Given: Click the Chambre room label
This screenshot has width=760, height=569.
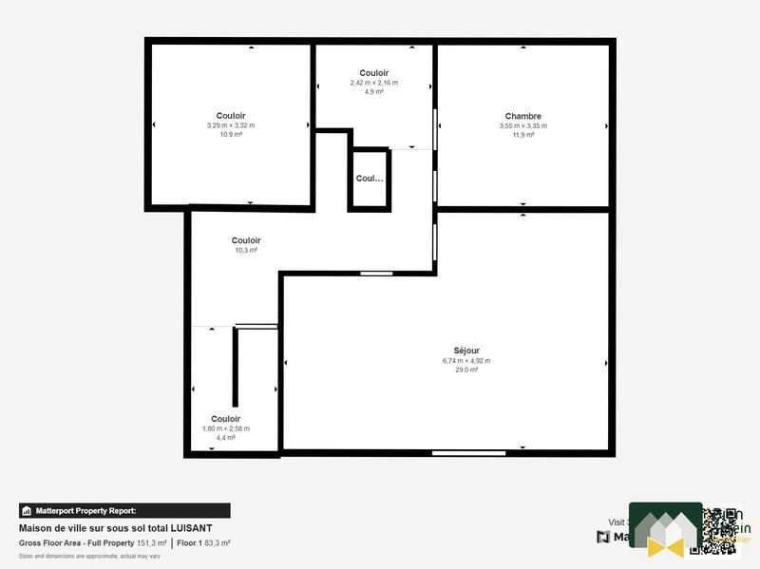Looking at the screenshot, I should tap(523, 116).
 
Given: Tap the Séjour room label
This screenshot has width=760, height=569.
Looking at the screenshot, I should tap(466, 351).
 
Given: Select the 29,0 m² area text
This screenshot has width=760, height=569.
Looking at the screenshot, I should tap(466, 370).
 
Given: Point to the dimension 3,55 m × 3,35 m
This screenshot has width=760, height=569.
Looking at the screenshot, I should tap(523, 125).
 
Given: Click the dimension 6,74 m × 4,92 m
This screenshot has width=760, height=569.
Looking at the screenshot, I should tap(466, 360).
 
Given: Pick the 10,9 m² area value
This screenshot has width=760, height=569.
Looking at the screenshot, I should tap(231, 135).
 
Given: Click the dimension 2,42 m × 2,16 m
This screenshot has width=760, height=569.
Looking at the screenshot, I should tap(374, 83).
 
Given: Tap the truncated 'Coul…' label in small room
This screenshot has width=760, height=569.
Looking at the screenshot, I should tap(370, 178).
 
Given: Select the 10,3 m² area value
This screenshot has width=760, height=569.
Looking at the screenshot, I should tap(247, 250).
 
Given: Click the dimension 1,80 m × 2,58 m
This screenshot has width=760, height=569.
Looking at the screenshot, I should tap(226, 428).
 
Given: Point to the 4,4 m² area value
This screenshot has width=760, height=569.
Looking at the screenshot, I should tap(226, 438).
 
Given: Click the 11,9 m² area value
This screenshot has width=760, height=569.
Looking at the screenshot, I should tap(523, 135).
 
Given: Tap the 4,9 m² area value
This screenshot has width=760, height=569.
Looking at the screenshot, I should tap(374, 92).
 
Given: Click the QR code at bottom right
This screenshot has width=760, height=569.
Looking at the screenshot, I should tap(718, 530).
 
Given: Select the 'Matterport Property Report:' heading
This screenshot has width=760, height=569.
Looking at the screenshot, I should tap(85, 510).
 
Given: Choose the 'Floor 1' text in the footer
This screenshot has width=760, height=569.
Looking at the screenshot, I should tap(191, 542).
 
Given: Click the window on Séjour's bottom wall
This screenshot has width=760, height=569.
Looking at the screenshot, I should tap(455, 453).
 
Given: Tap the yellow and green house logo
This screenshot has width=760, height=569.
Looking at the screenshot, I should tap(666, 532).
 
